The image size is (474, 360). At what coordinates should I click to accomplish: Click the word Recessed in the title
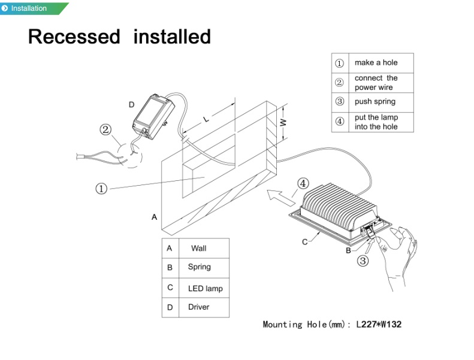click(74, 37)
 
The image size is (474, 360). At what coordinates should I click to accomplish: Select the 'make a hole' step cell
click(376, 62)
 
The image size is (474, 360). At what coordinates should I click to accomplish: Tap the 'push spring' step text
click(375, 102)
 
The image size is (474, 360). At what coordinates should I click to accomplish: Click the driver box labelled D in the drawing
click(153, 116)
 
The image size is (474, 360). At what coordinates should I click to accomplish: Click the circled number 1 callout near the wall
click(101, 189)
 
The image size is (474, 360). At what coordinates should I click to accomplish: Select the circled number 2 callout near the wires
click(105, 129)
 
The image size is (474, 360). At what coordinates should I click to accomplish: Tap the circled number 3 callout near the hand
click(363, 261)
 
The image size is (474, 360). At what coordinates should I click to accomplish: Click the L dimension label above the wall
click(206, 119)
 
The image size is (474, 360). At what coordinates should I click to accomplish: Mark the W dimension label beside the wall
click(283, 122)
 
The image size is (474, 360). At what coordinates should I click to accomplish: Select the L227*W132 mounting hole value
click(379, 324)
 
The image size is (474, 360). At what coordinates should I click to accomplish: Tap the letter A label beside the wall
click(154, 217)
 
